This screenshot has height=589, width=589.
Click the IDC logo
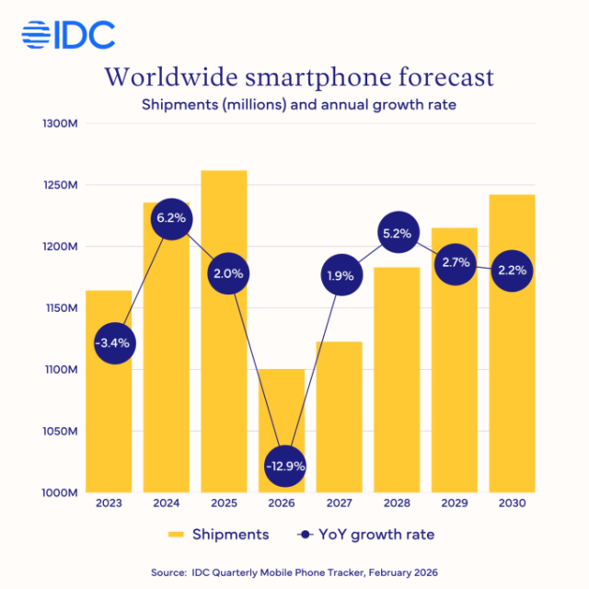coord(68,34)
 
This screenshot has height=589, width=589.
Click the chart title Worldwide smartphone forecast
coord(299,76)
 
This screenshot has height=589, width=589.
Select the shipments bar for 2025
coord(224,331)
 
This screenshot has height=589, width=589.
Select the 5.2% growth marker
coord(396,234)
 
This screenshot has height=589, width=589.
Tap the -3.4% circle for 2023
coord(112,343)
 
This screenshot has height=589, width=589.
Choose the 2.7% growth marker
coord(455,263)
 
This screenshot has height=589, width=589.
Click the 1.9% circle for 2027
coord(339,275)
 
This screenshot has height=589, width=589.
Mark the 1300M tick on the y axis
coord(62,123)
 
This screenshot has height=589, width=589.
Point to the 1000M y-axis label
coord(62,492)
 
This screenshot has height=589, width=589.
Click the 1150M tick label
coord(62,308)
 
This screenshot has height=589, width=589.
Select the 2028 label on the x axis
coord(396,504)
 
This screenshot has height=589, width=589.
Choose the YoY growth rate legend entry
coord(368,535)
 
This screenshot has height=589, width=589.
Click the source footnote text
coord(294,572)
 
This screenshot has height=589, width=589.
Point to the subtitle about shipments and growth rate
coord(299,104)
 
